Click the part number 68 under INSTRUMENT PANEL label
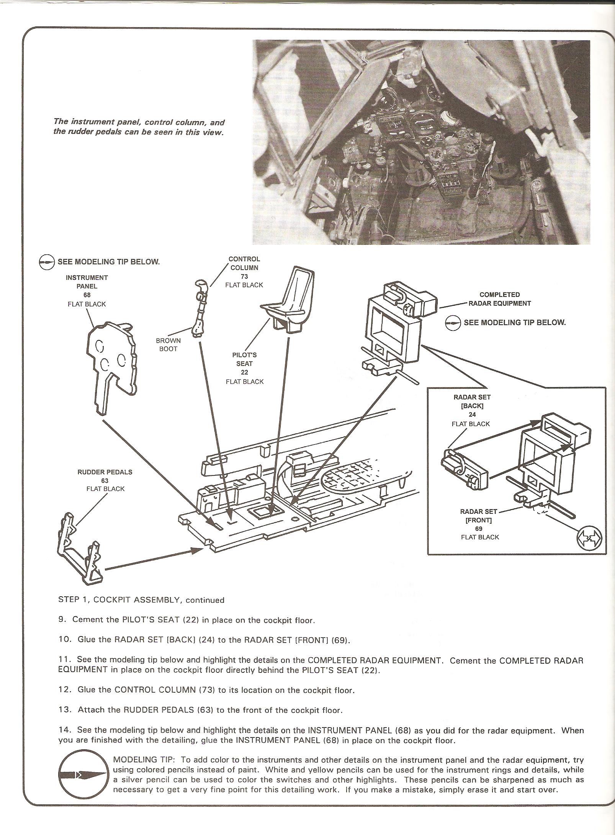click(87, 295)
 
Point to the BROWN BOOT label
click(168, 344)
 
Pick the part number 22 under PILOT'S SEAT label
click(244, 372)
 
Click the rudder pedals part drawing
click(81, 549)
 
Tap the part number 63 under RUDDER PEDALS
click(105, 480)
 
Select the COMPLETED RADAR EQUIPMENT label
click(499, 299)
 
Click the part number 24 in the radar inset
click(472, 415)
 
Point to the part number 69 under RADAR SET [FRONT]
click(478, 528)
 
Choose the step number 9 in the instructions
click(61, 620)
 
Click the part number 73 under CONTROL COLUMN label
click(244, 276)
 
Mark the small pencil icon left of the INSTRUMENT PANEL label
click(47, 263)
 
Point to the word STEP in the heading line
click(69, 600)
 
